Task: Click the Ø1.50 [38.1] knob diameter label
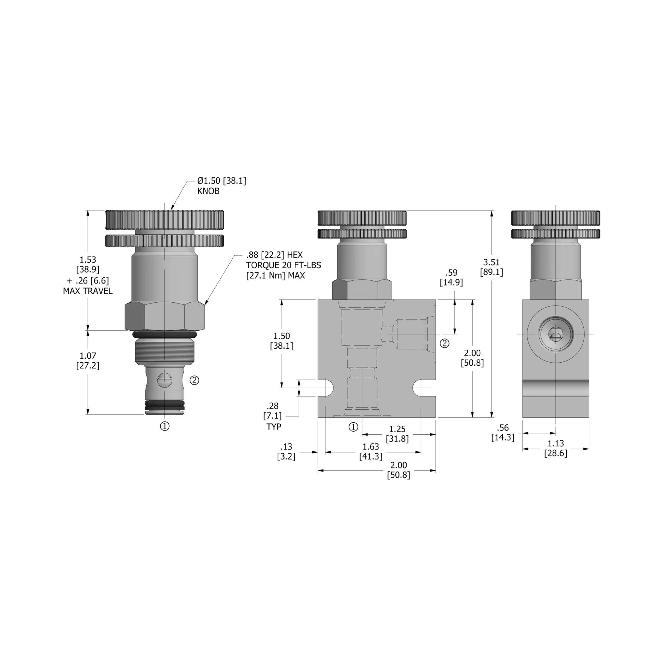point(221,181)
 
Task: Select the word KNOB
point(208,191)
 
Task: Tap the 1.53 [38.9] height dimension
point(88,264)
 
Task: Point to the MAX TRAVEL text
point(88,291)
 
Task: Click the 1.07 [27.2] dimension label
point(88,361)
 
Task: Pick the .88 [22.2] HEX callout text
point(274,255)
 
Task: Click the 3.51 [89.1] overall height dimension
point(491,267)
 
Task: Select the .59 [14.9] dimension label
point(451,278)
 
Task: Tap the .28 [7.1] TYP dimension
point(273,416)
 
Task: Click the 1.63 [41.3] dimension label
point(370,451)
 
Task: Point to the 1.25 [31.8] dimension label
point(397,434)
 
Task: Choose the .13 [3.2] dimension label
point(286,451)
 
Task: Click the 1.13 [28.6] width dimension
point(555,448)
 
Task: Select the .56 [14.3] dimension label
point(503,432)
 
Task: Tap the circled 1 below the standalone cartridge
point(165,426)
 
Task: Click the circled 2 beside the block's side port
point(445,343)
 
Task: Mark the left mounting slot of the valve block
point(326,388)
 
